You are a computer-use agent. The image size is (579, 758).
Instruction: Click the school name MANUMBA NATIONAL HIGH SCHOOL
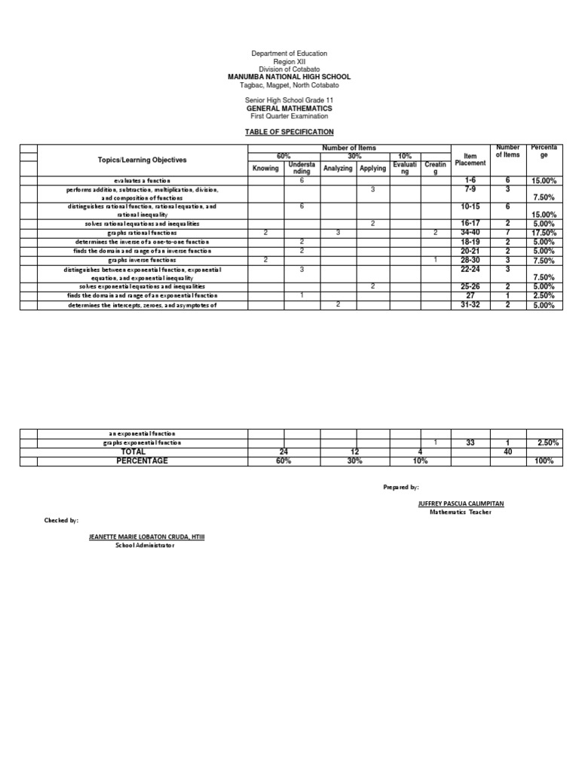click(x=289, y=77)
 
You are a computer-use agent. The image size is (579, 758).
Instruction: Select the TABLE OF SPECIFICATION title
click(x=289, y=132)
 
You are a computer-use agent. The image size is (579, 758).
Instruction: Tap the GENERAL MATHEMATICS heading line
click(x=289, y=109)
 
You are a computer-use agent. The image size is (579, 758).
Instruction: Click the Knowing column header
click(x=265, y=168)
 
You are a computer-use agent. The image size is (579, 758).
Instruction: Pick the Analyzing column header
click(x=338, y=168)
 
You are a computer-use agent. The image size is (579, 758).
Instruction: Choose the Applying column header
click(x=372, y=168)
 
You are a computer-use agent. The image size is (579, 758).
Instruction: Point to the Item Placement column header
click(x=470, y=160)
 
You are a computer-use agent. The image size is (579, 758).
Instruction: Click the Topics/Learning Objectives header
click(x=142, y=160)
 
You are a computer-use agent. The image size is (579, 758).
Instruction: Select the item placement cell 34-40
click(x=470, y=234)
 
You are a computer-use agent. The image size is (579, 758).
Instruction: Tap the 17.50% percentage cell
click(x=544, y=234)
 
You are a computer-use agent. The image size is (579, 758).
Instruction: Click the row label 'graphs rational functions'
click(x=142, y=234)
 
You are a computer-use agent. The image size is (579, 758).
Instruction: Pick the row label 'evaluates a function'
click(x=142, y=181)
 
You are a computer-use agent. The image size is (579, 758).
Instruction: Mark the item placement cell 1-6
click(x=470, y=181)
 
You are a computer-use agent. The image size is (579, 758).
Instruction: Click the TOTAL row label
click(x=142, y=451)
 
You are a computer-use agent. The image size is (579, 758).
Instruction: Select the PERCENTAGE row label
click(x=142, y=460)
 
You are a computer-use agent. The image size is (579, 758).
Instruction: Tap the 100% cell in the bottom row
click(x=544, y=460)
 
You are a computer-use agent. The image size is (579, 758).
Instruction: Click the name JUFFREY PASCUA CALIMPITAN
click(x=460, y=503)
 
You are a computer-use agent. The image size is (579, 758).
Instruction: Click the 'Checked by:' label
click(x=61, y=520)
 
